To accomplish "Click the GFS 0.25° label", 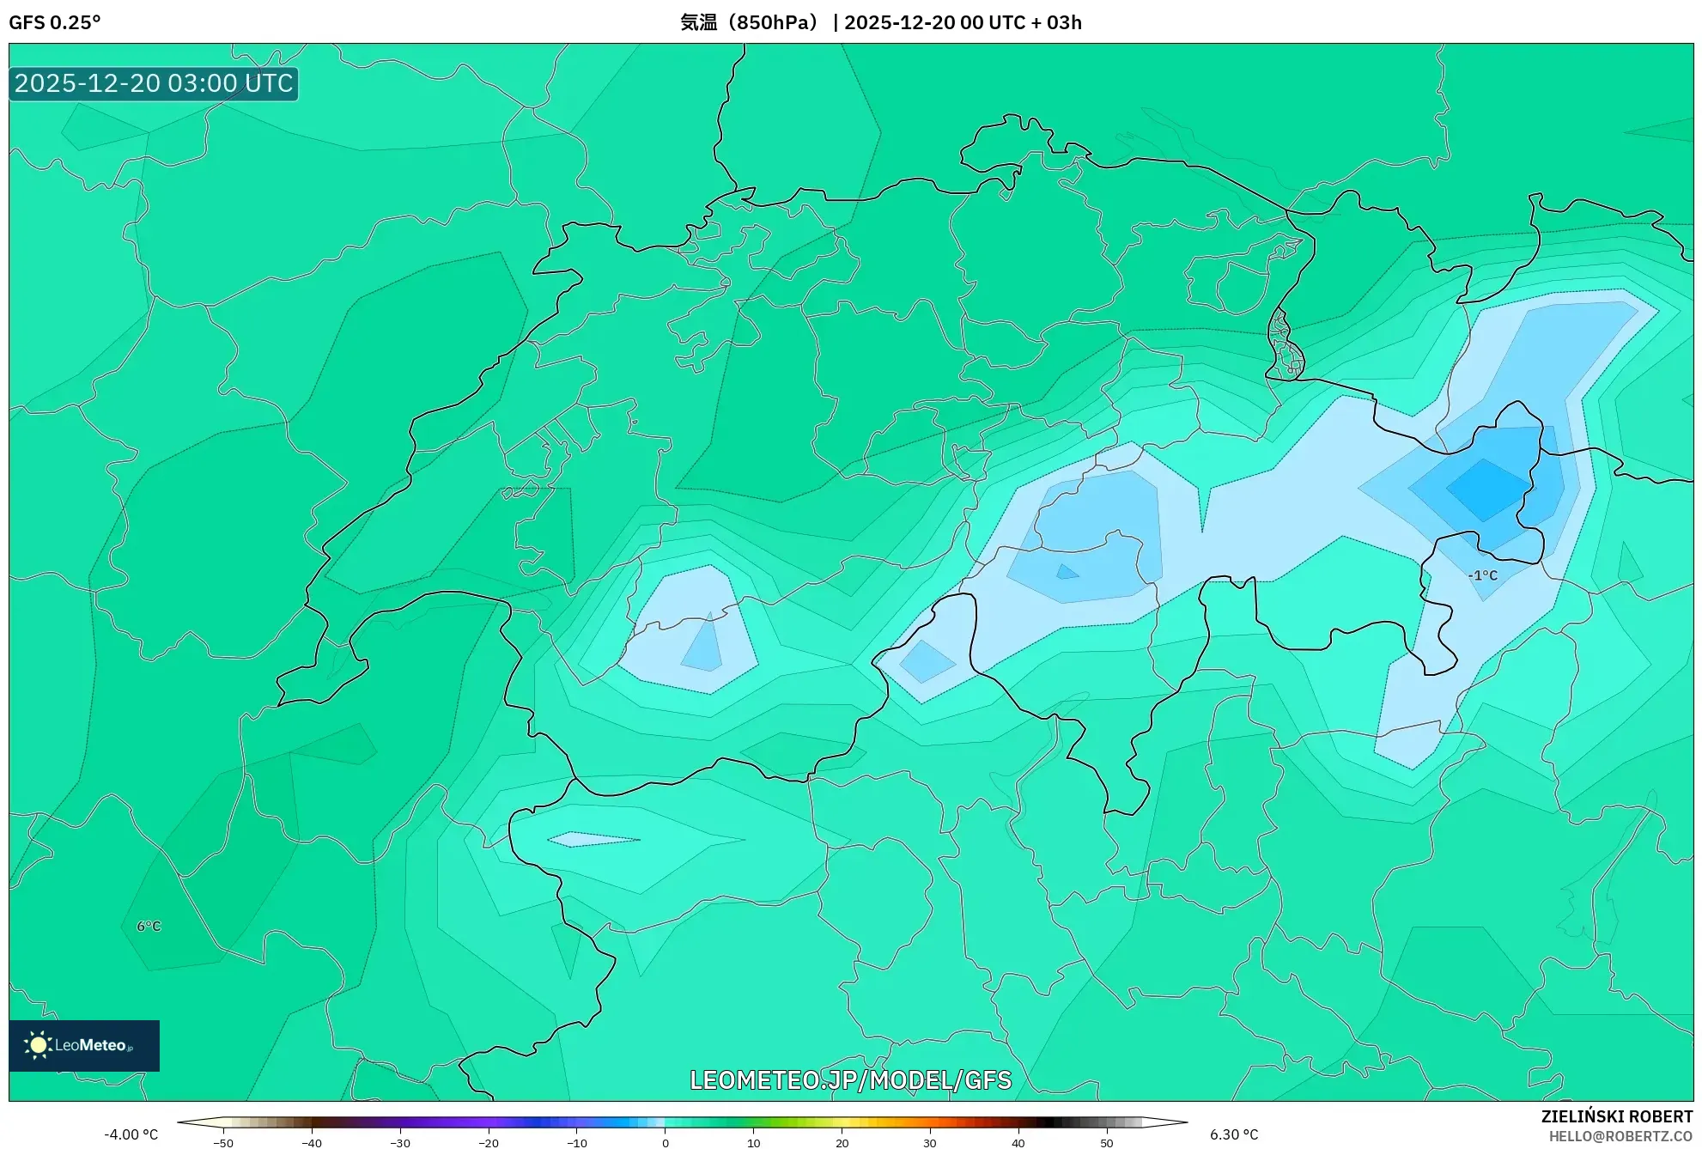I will click(x=54, y=22).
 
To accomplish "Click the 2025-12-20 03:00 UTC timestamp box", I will click(x=154, y=83).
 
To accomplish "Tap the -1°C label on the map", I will click(x=1482, y=575).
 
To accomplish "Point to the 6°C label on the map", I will click(x=149, y=926).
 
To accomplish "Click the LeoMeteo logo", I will click(x=84, y=1045).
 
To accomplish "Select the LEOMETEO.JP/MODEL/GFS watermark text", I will click(x=850, y=1079).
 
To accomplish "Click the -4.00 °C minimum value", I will click(x=131, y=1134).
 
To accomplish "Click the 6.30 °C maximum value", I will click(x=1234, y=1134).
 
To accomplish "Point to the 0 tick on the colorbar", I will click(x=665, y=1142).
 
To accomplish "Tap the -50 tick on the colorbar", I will click(x=223, y=1142).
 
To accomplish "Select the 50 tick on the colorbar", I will click(x=1106, y=1142).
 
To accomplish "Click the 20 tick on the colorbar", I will click(x=842, y=1142).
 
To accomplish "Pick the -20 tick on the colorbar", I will click(x=488, y=1142).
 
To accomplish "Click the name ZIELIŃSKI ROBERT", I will click(x=1616, y=1116).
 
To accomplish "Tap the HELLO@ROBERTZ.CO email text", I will click(x=1620, y=1136).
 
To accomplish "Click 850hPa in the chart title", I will click(x=776, y=22).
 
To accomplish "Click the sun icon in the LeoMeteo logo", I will click(x=38, y=1044).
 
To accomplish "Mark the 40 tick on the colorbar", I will click(x=1018, y=1142).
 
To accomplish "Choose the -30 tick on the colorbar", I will click(x=399, y=1142).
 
